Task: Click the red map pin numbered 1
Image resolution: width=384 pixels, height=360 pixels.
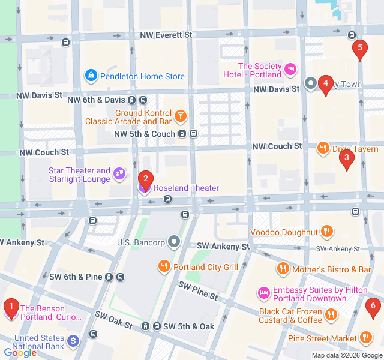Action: [x=11, y=308]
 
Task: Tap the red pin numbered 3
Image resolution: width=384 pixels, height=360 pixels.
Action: [x=346, y=159]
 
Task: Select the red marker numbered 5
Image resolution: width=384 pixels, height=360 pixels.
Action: [x=359, y=48]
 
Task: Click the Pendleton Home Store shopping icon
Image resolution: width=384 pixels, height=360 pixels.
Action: [x=91, y=76]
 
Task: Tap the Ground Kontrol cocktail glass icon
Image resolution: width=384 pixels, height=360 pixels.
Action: [x=180, y=115]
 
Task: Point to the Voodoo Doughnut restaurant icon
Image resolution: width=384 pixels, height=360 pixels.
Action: [x=327, y=232]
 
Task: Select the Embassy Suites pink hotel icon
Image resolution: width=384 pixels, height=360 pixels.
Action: [x=263, y=293]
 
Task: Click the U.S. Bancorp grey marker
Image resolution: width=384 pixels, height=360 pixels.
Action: [x=174, y=242]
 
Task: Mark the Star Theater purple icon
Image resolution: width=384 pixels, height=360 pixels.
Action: [x=119, y=173]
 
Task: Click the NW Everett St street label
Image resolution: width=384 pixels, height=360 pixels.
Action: [x=166, y=35]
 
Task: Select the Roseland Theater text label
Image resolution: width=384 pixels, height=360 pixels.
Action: [x=186, y=188]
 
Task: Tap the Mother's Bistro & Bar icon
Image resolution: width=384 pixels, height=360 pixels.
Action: [x=282, y=269]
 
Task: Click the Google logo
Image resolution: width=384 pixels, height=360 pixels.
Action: [x=20, y=353]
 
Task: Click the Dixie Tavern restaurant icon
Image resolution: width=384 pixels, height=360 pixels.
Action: [x=323, y=148]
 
